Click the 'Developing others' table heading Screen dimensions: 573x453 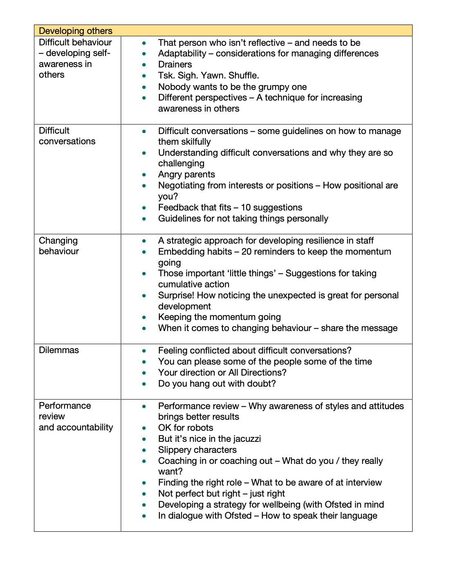[x=76, y=31]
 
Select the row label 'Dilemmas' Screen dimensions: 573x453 [x=59, y=350]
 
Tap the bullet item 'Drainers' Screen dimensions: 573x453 [x=175, y=65]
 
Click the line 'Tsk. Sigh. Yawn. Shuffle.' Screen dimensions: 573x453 [x=209, y=76]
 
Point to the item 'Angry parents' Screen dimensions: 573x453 [x=186, y=175]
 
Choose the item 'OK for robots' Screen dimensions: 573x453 [x=186, y=428]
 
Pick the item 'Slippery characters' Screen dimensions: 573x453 [x=197, y=450]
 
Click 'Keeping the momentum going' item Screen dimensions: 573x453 [x=220, y=317]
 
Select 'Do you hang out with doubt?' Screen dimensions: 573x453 [x=217, y=384]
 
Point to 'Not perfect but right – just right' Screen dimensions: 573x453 [x=222, y=494]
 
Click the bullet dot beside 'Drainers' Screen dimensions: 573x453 [x=144, y=65]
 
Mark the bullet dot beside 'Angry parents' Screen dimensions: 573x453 [x=144, y=175]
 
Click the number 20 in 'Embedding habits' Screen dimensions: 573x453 [x=247, y=252]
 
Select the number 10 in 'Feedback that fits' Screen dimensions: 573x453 [x=246, y=208]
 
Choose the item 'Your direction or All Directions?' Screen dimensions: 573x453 [x=222, y=373]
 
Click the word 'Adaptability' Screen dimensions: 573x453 [x=182, y=54]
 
